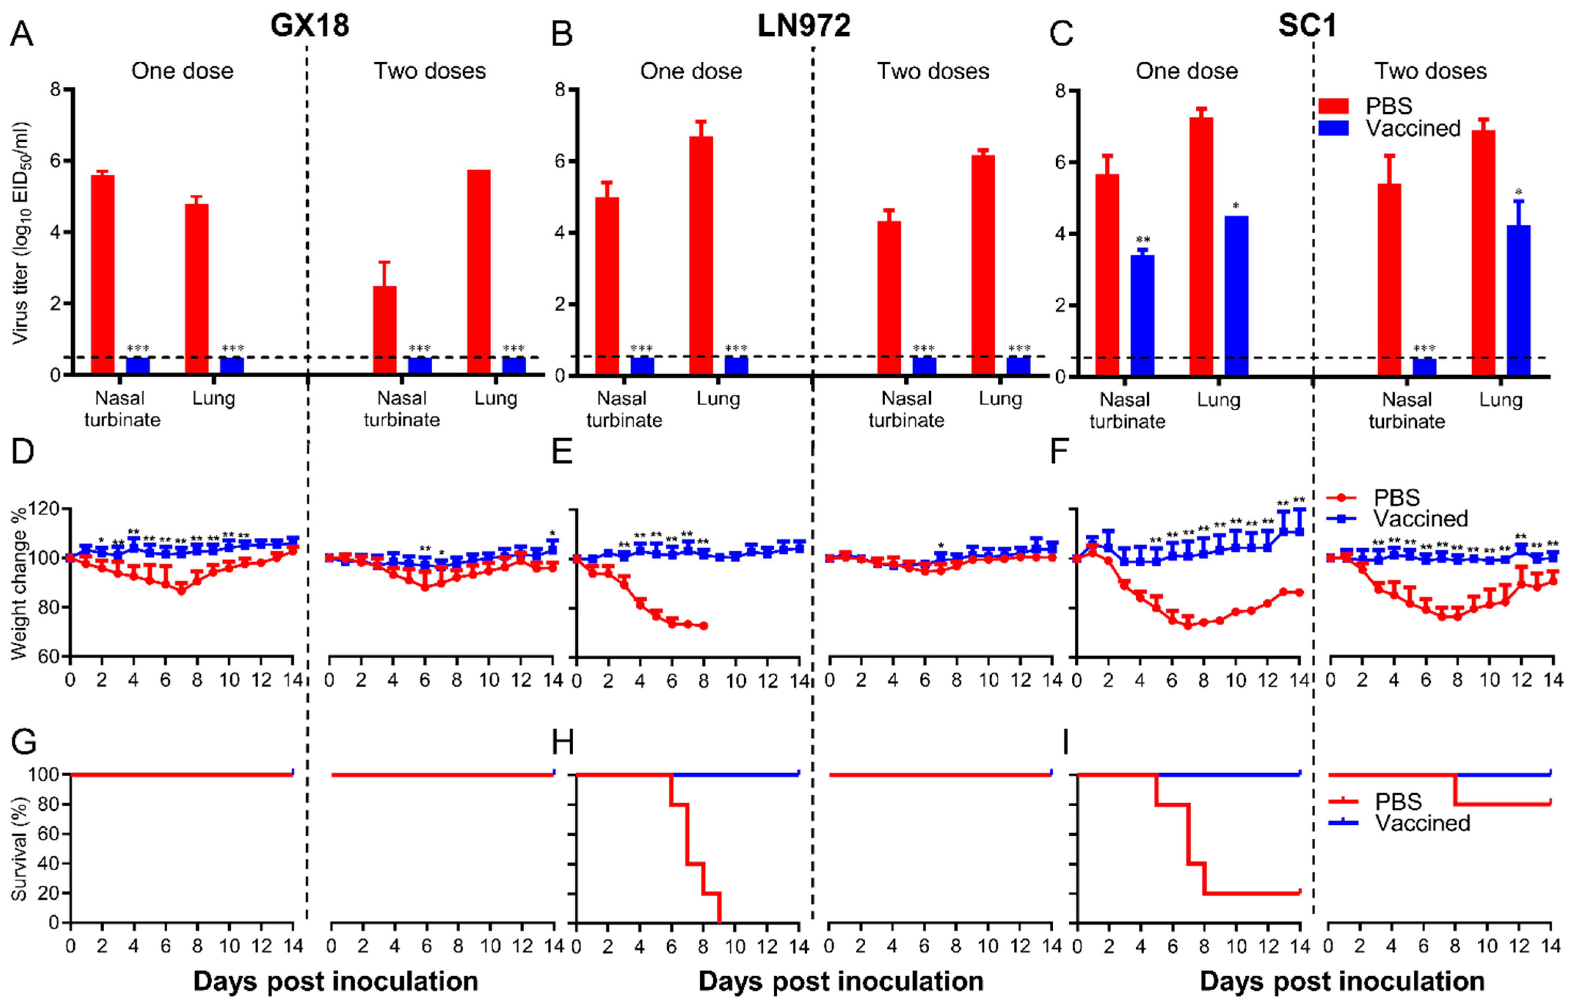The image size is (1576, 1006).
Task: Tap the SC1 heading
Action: tap(1307, 26)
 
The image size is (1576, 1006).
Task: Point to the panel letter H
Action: tap(563, 743)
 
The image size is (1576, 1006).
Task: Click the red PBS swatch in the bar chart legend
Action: tap(1333, 106)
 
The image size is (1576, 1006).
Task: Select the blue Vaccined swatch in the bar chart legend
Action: tap(1333, 128)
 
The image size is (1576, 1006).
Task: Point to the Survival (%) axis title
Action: tap(19, 849)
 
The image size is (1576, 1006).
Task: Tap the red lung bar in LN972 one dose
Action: tap(701, 256)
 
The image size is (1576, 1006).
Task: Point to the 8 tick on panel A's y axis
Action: tap(55, 89)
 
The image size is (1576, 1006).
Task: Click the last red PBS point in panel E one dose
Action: tap(704, 626)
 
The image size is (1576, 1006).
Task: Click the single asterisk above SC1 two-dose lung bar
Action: tap(1518, 192)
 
